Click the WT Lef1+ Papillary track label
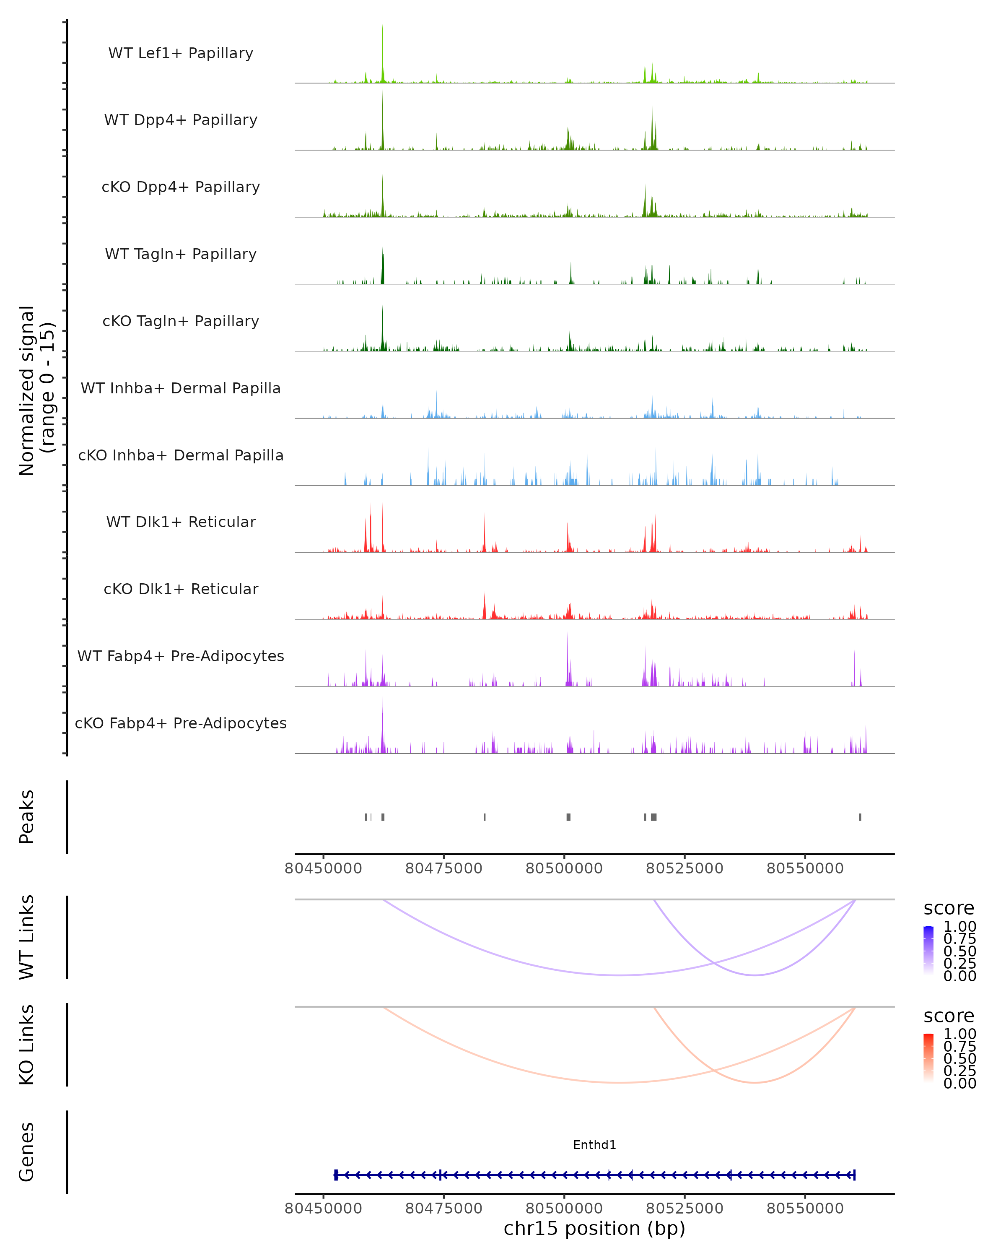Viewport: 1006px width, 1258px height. point(181,53)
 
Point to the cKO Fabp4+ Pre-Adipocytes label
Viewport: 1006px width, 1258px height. point(181,723)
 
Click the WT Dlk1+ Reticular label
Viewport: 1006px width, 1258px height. point(181,522)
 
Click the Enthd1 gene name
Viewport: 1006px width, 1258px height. point(594,1145)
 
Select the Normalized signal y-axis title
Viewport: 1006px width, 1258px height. point(36,390)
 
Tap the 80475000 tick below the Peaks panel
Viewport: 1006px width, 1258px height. point(444,868)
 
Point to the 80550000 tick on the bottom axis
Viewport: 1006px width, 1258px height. point(805,1209)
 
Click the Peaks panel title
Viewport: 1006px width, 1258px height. point(27,817)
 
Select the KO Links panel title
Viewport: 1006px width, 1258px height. point(27,1045)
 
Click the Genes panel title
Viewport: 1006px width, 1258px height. point(27,1152)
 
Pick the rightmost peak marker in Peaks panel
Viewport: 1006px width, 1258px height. point(860,817)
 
